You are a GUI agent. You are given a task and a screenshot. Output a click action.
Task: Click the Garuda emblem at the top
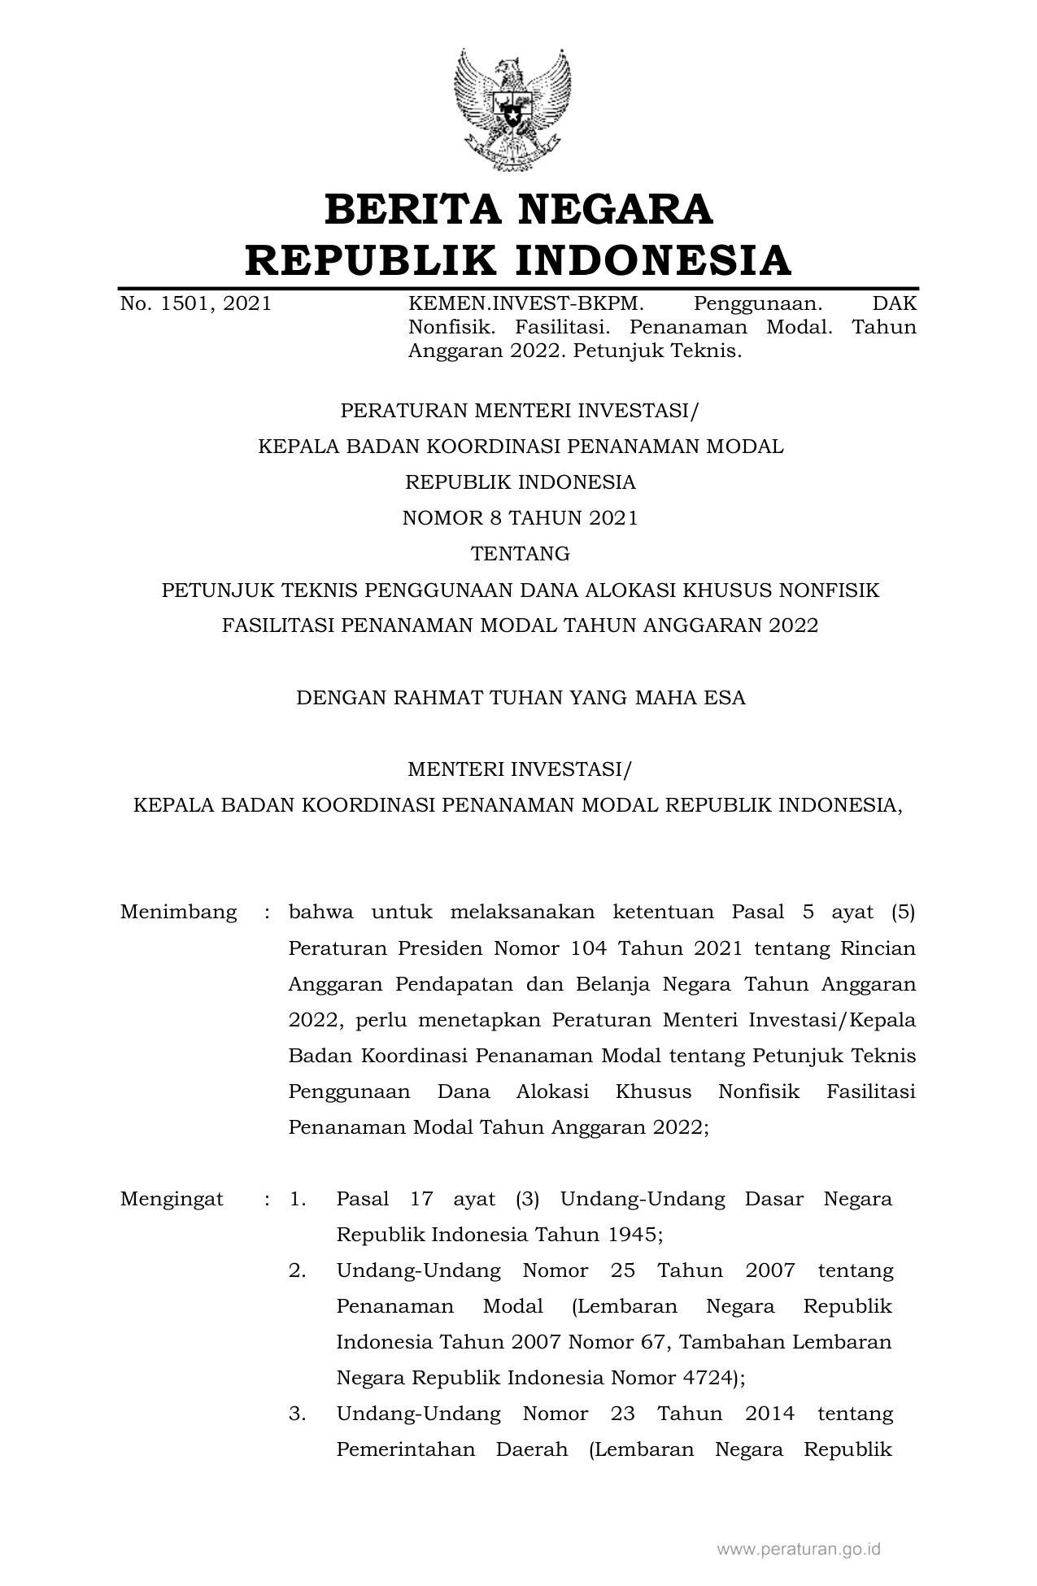512,110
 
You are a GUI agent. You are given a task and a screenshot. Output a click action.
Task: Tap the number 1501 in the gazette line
185,304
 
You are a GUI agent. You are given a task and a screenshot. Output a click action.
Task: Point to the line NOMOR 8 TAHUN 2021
520,518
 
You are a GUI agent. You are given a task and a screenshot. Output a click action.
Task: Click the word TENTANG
520,554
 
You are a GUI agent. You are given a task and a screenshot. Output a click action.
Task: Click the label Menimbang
178,912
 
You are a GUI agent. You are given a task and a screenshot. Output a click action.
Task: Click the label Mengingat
172,1198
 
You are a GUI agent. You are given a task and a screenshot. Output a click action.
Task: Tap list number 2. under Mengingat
297,1270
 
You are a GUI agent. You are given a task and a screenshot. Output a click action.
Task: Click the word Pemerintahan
405,1449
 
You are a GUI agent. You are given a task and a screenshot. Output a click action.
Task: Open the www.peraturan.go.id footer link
799,1549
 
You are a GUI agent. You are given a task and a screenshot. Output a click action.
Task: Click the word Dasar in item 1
772,1198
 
